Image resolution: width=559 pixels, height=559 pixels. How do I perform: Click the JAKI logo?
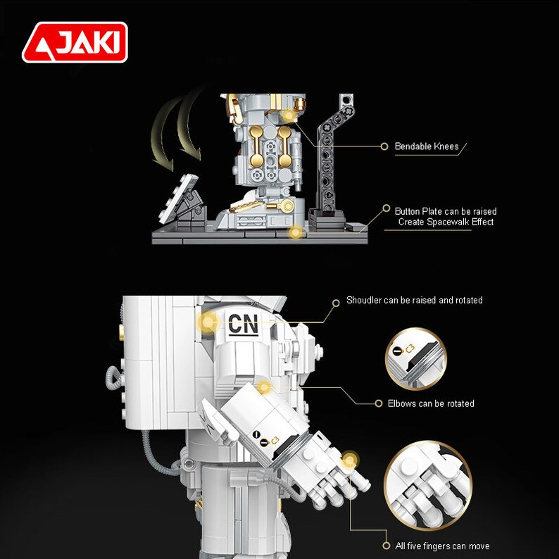tap(75, 42)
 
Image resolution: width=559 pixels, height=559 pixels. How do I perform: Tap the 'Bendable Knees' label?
tap(426, 146)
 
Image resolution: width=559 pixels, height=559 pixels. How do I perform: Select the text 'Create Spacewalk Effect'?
tap(446, 222)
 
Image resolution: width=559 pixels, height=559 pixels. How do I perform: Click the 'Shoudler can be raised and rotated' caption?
tap(414, 300)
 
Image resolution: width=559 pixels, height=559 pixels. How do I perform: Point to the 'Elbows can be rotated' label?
tap(431, 403)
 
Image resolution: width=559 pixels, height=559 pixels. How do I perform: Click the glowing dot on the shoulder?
tap(208, 323)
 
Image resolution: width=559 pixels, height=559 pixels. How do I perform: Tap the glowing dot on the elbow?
tap(263, 387)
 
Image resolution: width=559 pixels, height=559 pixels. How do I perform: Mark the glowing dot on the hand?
tap(349, 462)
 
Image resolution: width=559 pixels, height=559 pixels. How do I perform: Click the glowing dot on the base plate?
tap(296, 232)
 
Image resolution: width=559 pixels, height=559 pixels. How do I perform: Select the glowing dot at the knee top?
tap(288, 115)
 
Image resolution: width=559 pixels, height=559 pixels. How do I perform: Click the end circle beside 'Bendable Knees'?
tap(384, 146)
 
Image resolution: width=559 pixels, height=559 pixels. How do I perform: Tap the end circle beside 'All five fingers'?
tap(385, 546)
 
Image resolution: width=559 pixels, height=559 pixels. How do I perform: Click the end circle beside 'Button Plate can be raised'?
tap(386, 209)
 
